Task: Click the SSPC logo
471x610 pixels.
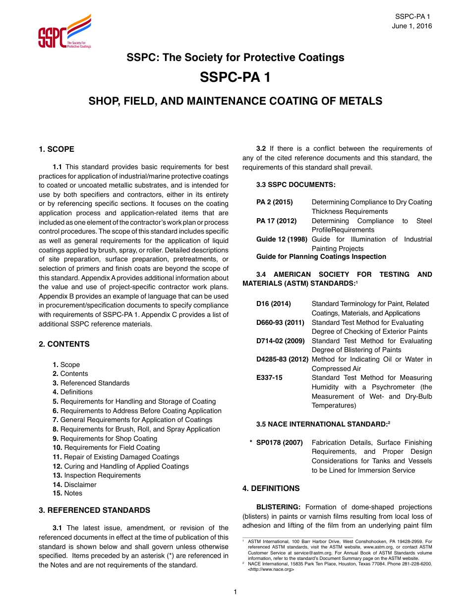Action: point(64,32)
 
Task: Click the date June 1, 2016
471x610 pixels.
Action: point(412,26)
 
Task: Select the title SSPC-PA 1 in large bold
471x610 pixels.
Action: point(235,78)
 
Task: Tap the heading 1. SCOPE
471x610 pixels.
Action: point(57,149)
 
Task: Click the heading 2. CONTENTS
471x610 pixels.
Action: point(64,344)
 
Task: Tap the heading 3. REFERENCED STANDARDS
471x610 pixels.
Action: point(94,510)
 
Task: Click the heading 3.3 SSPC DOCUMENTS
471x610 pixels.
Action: point(295,184)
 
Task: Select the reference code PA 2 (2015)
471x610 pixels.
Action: point(274,202)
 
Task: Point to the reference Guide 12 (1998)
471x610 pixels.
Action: point(281,240)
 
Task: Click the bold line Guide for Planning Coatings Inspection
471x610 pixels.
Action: point(321,257)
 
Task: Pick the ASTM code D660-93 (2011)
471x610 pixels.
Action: point(280,322)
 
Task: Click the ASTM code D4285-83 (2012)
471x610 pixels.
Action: point(282,360)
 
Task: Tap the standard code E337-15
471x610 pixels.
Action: point(269,378)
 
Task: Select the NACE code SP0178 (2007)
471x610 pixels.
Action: point(279,443)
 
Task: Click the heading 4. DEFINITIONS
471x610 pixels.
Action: point(271,488)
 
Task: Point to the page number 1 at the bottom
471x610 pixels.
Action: point(235,592)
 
